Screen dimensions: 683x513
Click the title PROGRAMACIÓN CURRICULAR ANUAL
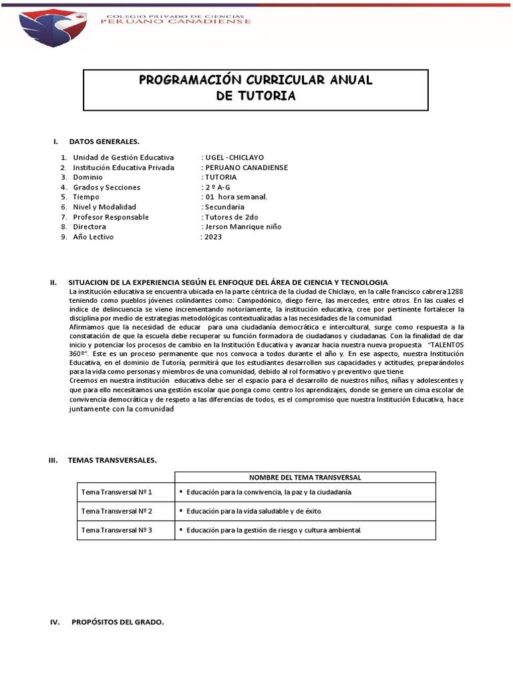click(255, 81)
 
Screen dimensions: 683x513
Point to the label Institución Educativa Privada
click(124, 167)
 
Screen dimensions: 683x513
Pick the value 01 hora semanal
click(236, 197)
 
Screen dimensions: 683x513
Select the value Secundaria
click(224, 207)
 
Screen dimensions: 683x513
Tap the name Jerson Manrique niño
click(242, 227)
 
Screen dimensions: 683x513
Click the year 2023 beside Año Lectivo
click(213, 237)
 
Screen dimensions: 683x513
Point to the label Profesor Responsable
click(111, 217)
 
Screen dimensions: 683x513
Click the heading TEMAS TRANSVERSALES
click(112, 460)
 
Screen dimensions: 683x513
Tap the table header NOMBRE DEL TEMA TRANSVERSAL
click(305, 478)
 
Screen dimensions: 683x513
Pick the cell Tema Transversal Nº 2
click(117, 512)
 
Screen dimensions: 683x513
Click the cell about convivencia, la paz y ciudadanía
click(269, 492)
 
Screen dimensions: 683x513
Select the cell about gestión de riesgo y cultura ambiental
click(274, 531)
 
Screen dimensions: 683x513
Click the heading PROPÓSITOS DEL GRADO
click(118, 622)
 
